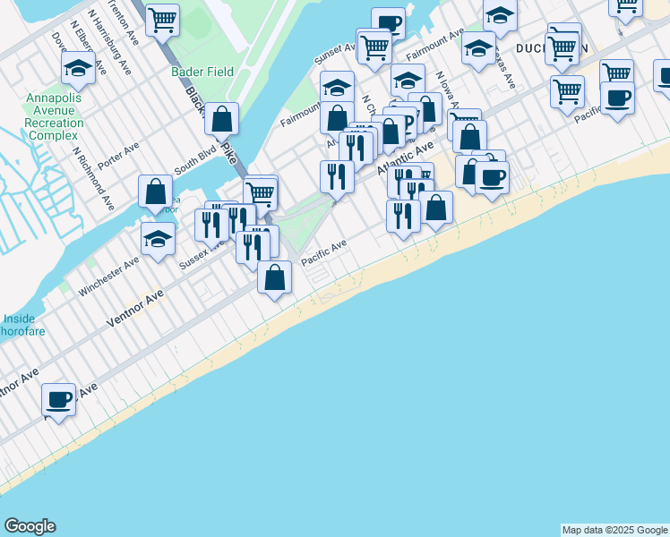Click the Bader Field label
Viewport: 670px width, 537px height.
203,72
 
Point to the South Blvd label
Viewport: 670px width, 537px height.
195,160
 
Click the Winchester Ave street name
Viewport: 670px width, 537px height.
109,276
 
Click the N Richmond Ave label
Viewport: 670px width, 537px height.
94,179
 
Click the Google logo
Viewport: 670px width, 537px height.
30,526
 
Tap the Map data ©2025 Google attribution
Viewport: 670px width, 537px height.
614,530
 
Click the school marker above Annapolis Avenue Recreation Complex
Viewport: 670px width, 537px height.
79,67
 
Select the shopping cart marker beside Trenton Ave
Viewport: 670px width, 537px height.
162,20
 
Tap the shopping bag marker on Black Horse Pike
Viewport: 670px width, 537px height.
221,117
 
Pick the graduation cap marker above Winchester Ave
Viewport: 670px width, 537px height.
158,239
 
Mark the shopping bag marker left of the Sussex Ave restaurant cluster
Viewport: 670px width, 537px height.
156,192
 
